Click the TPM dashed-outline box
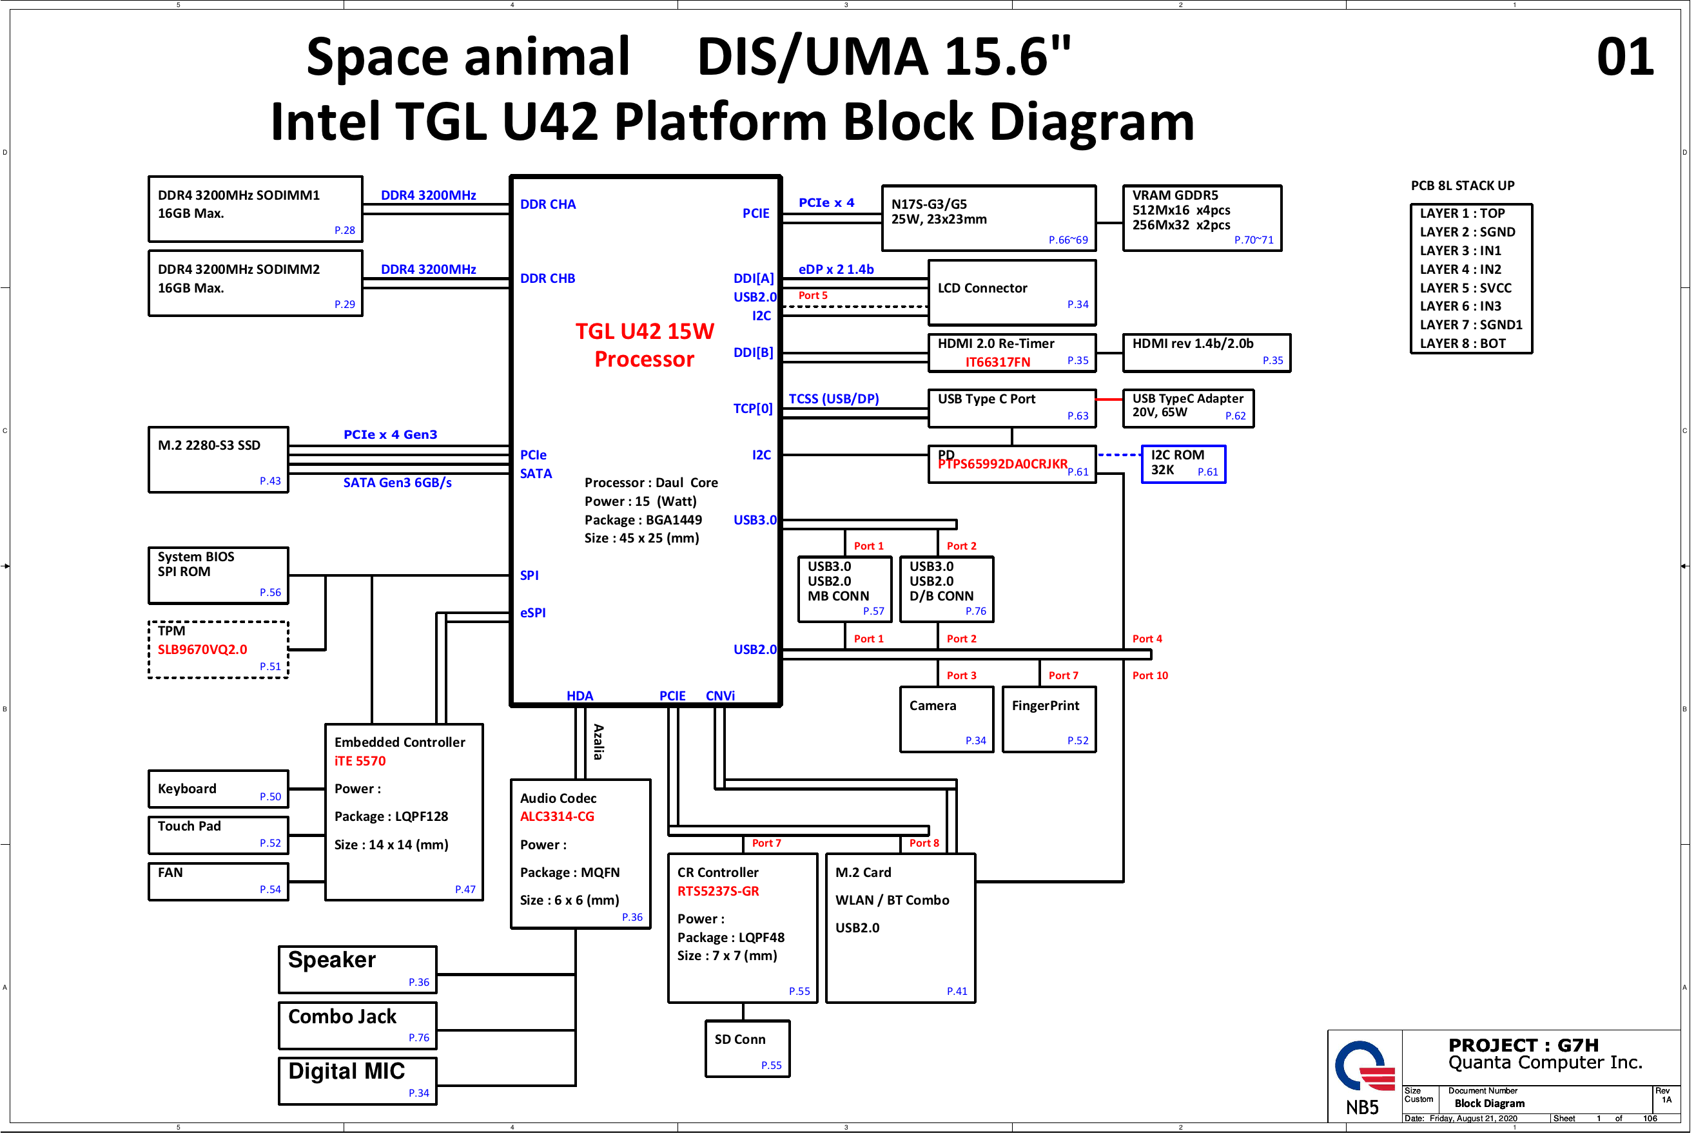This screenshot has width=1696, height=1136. pyautogui.click(x=218, y=651)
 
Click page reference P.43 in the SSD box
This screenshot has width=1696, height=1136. pyautogui.click(x=270, y=482)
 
